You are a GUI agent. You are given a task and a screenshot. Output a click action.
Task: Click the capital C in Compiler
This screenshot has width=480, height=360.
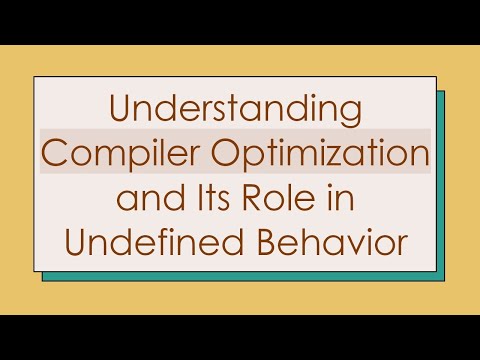52,152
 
